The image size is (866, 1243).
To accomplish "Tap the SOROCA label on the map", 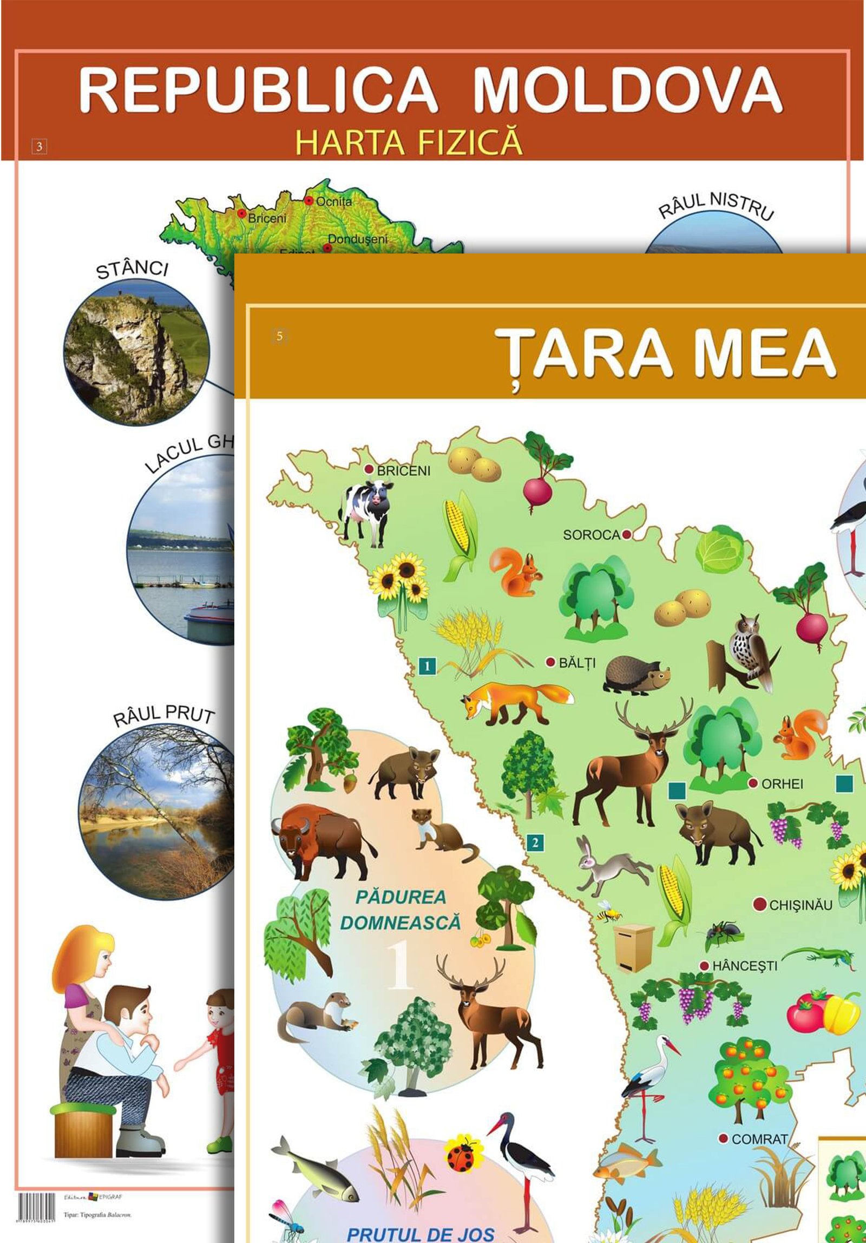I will point(591,535).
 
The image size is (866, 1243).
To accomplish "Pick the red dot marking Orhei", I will point(752,783).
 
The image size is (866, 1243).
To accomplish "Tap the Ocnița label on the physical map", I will point(334,201).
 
